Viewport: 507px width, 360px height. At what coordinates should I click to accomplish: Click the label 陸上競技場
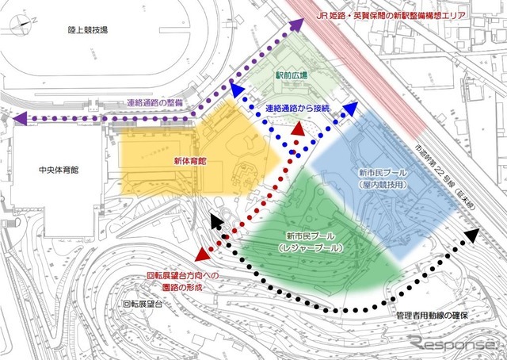pos(87,30)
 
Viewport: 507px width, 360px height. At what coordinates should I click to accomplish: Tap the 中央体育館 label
pos(51,169)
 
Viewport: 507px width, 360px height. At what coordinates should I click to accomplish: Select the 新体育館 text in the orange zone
pos(189,161)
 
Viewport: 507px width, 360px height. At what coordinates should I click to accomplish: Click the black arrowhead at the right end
pos(473,235)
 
